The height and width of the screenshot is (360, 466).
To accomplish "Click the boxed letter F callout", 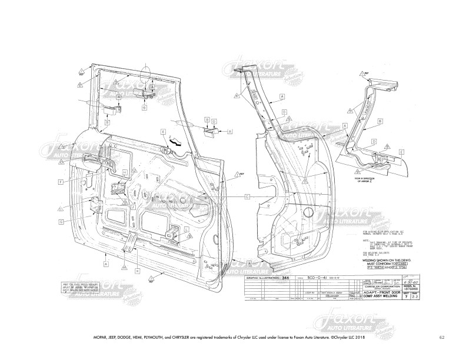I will pyautogui.click(x=61, y=182).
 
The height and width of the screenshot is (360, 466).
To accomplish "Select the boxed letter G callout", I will pyautogui.click(x=61, y=222).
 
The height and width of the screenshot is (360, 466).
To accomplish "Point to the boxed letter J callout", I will pyautogui.click(x=133, y=207).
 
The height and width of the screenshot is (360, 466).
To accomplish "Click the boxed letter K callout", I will pyautogui.click(x=137, y=271).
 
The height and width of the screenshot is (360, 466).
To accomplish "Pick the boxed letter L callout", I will pyautogui.click(x=187, y=228).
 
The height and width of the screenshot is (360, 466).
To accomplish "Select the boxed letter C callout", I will pyautogui.click(x=248, y=195).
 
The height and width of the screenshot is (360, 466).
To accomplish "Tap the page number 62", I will pyautogui.click(x=441, y=337).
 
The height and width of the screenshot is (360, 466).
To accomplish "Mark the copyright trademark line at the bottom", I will pyautogui.click(x=233, y=338).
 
